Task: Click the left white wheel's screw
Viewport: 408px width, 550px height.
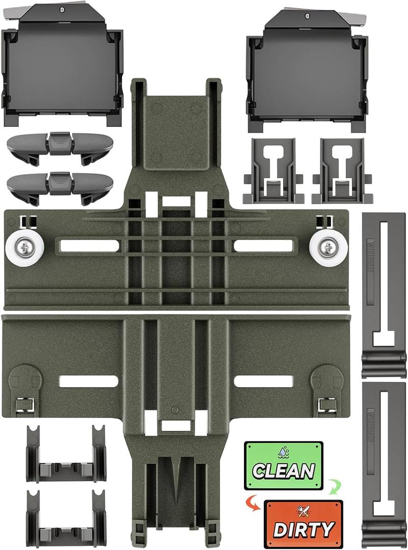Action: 24,249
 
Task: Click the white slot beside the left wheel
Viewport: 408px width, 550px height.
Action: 89,246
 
